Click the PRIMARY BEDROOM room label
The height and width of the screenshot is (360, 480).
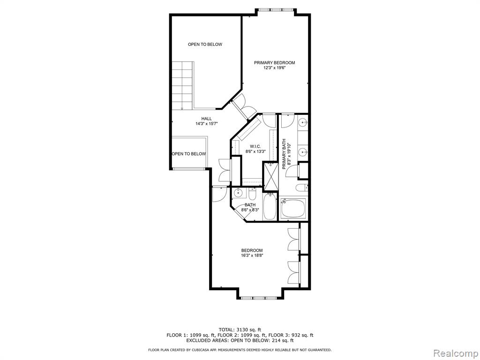pyautogui.click(x=274, y=63)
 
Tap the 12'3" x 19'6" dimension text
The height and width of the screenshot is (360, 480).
pyautogui.click(x=275, y=68)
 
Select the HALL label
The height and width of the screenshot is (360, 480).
pyautogui.click(x=206, y=119)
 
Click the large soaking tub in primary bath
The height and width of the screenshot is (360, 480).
pyautogui.click(x=293, y=209)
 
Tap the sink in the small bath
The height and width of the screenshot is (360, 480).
pyautogui.click(x=238, y=193)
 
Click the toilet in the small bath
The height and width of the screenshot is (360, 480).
pyautogui.click(x=252, y=194)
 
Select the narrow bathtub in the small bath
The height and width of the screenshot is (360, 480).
pyautogui.click(x=270, y=207)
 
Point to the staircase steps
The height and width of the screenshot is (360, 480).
pyautogui.click(x=183, y=85)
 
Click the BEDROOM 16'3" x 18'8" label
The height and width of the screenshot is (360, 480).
pyautogui.click(x=252, y=253)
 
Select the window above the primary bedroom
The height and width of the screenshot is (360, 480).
pyautogui.click(x=274, y=10)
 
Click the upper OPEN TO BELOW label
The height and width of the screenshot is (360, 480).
pyautogui.click(x=205, y=45)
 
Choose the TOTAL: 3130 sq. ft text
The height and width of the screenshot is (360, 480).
pyautogui.click(x=240, y=330)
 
